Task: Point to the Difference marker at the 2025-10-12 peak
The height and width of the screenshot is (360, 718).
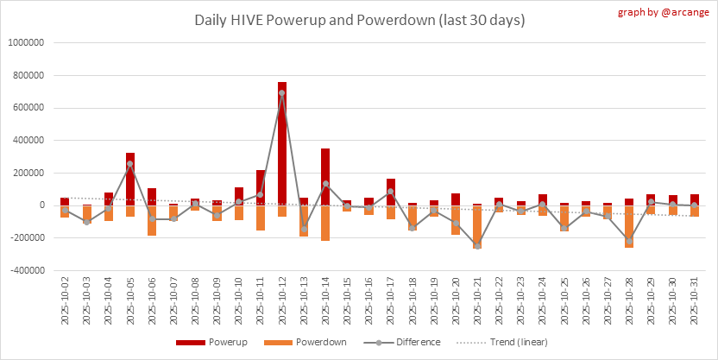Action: coord(282,92)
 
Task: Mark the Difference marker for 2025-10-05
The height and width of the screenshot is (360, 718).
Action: coord(130,163)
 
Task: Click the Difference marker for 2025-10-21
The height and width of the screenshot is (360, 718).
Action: coord(477,246)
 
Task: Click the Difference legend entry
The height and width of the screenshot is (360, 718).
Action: coord(406,342)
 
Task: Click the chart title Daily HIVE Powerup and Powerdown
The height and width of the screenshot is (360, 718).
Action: coord(359,20)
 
